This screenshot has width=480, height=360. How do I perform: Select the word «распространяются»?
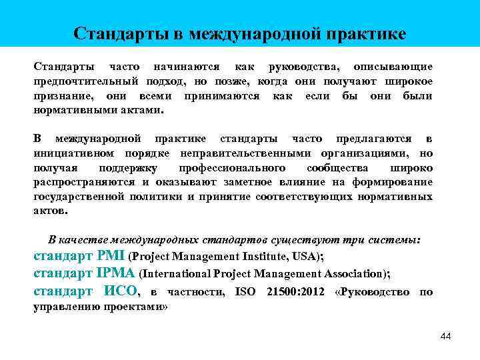(91, 182)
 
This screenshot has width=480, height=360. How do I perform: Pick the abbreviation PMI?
(111, 255)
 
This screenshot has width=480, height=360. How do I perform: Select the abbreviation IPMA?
(116, 273)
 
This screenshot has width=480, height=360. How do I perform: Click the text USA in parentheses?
(308, 256)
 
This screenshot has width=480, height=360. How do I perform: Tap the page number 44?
(445, 337)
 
